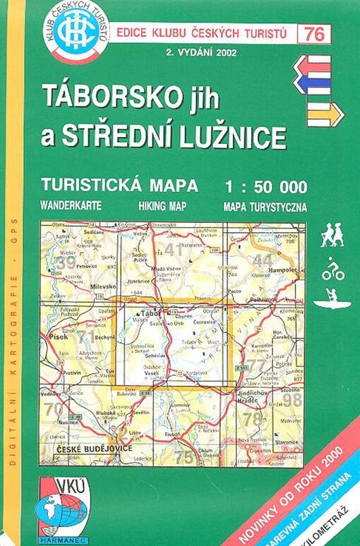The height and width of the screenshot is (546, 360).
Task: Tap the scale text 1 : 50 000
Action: pyautogui.click(x=265, y=187)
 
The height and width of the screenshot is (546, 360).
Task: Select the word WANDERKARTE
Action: pyautogui.click(x=71, y=207)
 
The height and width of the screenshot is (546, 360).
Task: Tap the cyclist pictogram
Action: pyautogui.click(x=332, y=268)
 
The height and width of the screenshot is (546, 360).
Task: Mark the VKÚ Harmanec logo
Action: pyautogui.click(x=64, y=506)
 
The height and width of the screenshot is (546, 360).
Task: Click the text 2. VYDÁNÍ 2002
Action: pyautogui.click(x=201, y=52)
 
